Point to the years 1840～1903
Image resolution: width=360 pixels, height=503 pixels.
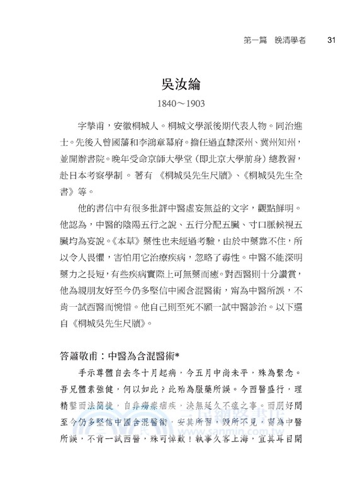pyautogui.click(x=180, y=102)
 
